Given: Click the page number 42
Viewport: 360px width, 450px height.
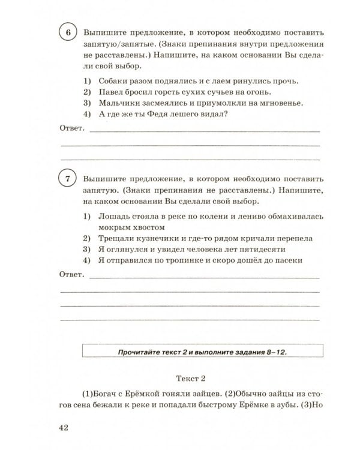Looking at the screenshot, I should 65,427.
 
